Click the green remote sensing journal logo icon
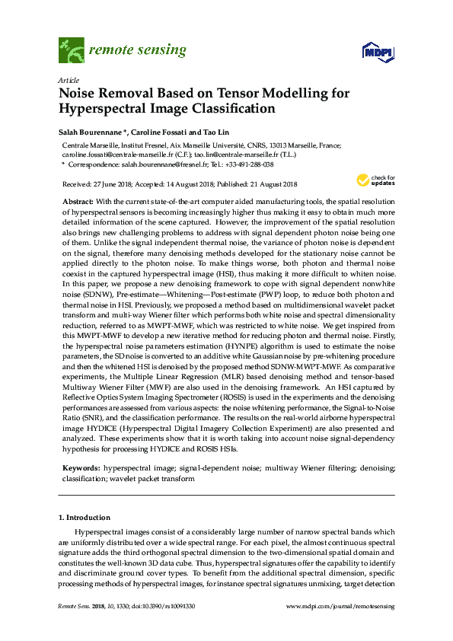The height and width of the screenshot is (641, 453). click(72, 50)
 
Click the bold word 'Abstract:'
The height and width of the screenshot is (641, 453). click(78, 199)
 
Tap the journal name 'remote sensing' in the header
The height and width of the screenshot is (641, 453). click(137, 51)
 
